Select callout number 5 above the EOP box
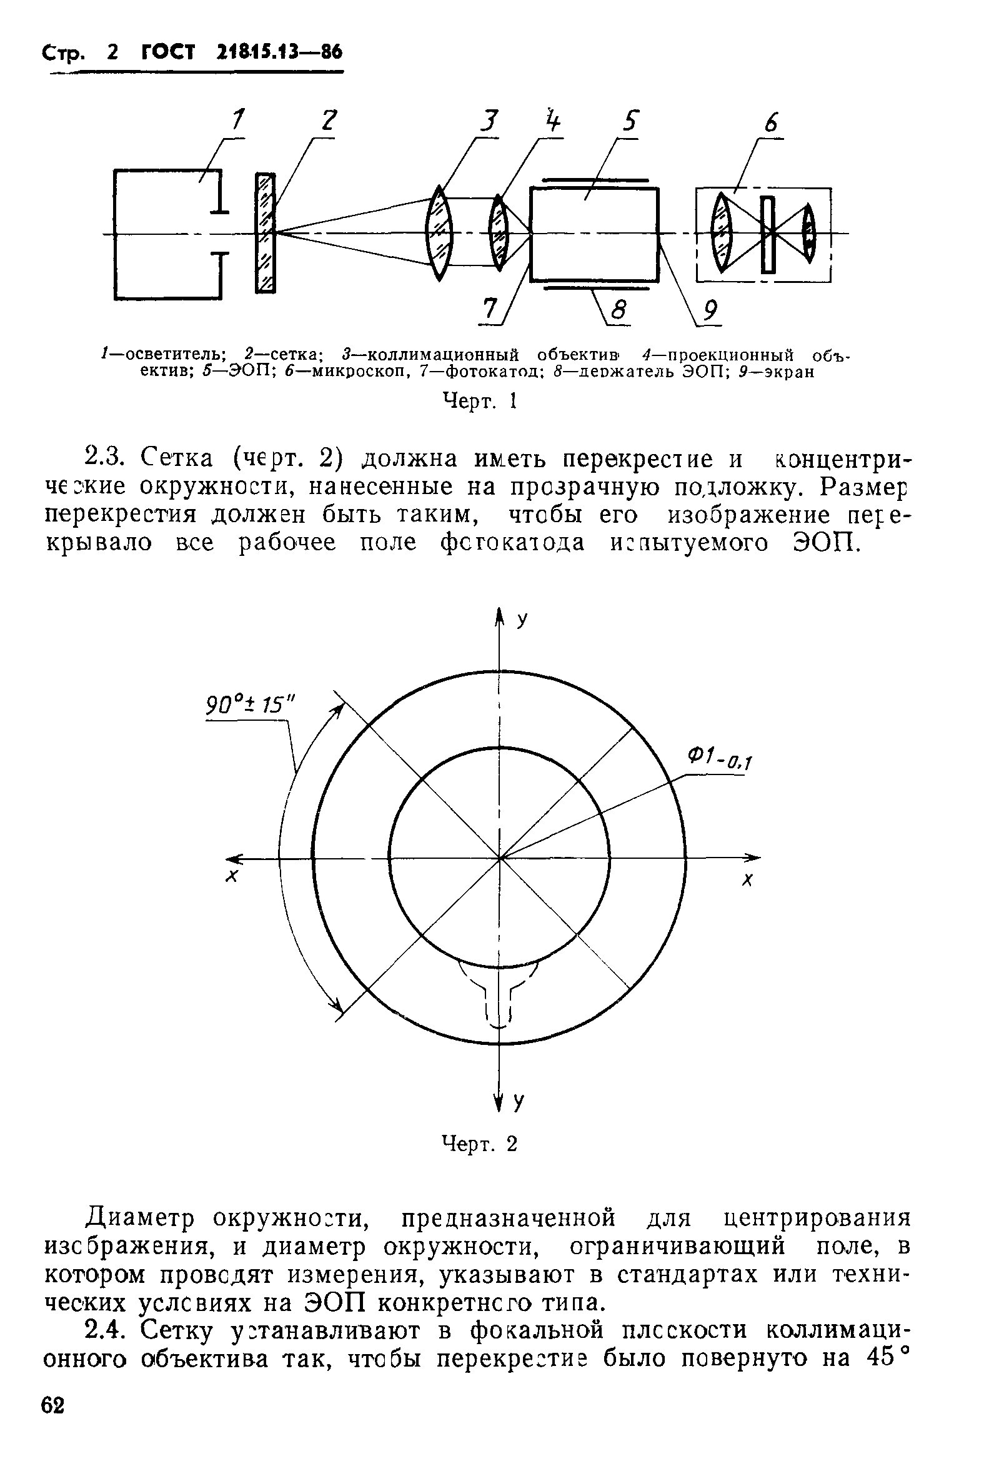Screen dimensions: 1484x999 [630, 121]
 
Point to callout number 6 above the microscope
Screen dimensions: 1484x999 [772, 123]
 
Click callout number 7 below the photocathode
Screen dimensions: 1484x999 [489, 309]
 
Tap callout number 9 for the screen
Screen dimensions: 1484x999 [710, 311]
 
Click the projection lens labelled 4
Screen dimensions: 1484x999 [498, 232]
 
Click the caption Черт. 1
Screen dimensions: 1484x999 [479, 401]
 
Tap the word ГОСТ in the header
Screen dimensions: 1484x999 [167, 52]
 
